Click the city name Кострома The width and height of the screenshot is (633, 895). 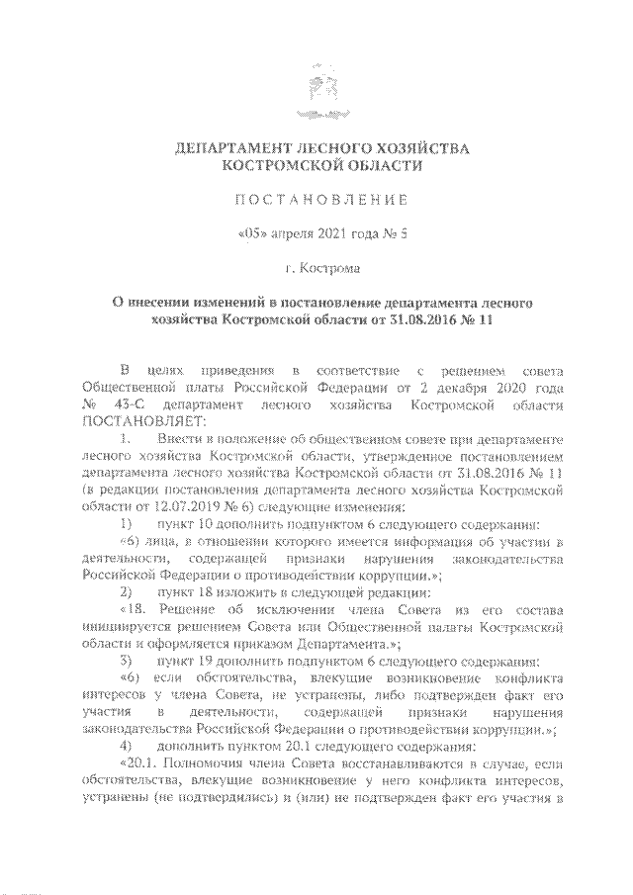(x=327, y=267)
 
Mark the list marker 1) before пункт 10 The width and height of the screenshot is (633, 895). (x=125, y=520)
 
